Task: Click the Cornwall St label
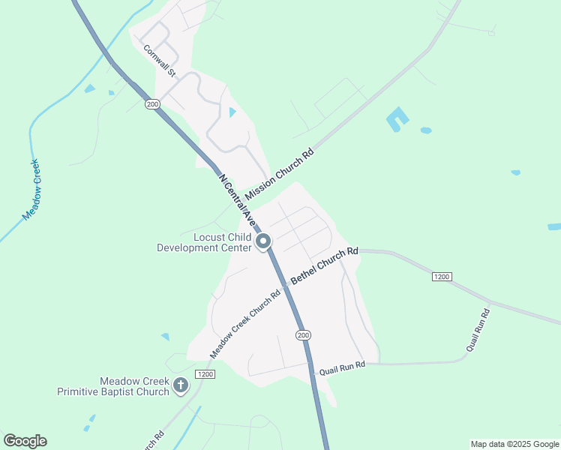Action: click(160, 61)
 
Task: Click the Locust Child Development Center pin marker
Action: click(263, 241)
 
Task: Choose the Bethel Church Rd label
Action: click(325, 265)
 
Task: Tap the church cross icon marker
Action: click(180, 385)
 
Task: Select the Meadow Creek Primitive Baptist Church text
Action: click(113, 386)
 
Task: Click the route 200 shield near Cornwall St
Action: click(153, 104)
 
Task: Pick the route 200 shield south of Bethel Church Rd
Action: click(302, 334)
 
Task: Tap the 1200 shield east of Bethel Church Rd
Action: click(442, 277)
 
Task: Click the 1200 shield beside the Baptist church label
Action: click(205, 373)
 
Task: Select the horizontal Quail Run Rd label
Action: click(341, 364)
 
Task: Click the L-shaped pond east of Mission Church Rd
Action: click(397, 118)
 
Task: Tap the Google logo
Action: click(25, 441)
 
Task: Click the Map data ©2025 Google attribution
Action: click(514, 444)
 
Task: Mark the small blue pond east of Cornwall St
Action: click(232, 112)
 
